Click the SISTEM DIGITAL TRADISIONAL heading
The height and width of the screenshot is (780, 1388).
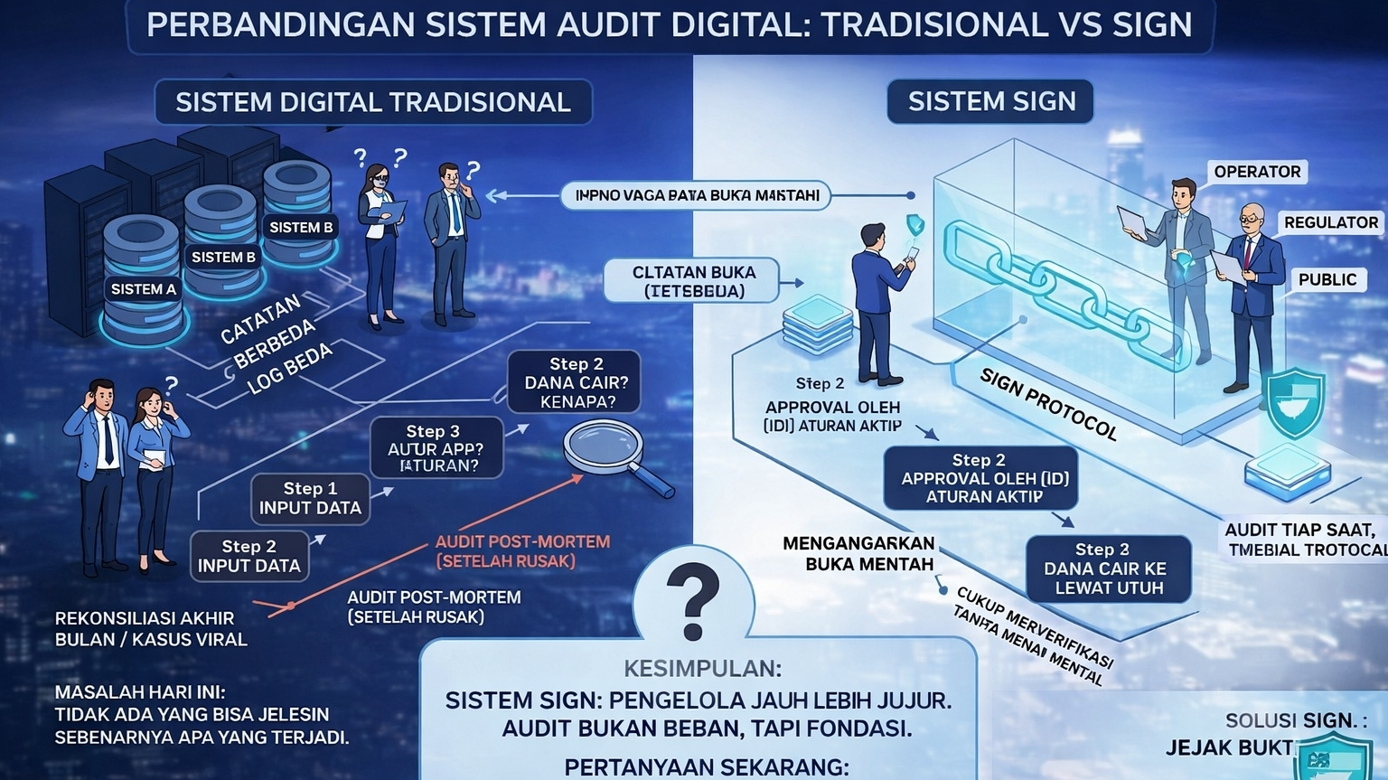[x=372, y=102]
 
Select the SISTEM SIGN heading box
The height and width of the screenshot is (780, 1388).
[x=990, y=101]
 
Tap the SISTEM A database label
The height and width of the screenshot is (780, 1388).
[x=143, y=289]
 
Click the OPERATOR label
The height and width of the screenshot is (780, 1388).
[x=1256, y=172]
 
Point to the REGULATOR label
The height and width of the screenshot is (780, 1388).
[x=1330, y=222]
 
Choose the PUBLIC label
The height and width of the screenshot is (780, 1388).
[x=1327, y=279]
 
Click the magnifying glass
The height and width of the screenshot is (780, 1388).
[x=605, y=448]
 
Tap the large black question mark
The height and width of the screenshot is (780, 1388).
[x=692, y=600]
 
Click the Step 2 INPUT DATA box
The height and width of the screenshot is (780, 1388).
[x=249, y=556]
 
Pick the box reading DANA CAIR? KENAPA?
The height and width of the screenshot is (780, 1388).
[x=576, y=382]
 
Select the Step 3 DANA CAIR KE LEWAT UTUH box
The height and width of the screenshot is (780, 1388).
[x=1108, y=569]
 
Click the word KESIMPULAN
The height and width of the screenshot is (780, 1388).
[x=702, y=669]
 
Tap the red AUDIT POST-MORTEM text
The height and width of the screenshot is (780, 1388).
[x=522, y=550]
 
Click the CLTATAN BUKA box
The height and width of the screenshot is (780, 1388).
[x=693, y=281]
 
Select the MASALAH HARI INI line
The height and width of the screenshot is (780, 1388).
[x=140, y=692]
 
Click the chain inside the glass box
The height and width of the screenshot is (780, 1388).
[x=1057, y=285]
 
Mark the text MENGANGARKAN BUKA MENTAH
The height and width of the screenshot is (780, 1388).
[x=858, y=553]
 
